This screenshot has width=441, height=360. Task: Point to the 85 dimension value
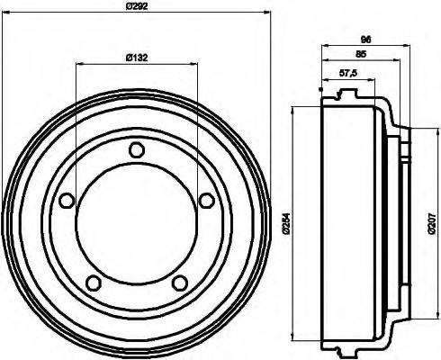point(360,54)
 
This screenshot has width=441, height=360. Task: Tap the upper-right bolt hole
point(204,200)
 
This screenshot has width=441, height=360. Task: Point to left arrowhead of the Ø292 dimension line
point(4,13)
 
